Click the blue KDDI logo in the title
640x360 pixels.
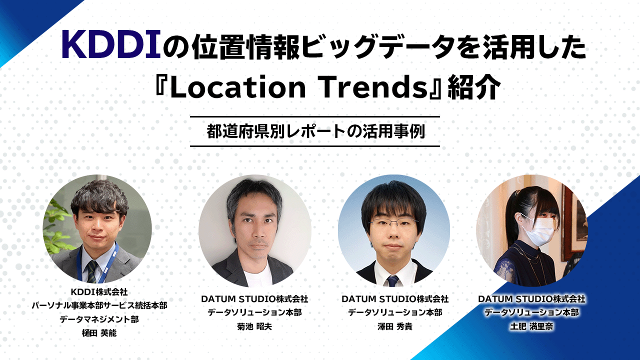[111, 45]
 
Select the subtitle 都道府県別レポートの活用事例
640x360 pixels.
[315, 131]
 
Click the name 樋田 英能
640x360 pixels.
[99, 333]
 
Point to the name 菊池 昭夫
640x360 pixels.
[254, 326]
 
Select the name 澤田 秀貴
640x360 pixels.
[395, 326]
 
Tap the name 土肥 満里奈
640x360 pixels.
[531, 326]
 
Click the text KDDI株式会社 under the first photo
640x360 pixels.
[99, 292]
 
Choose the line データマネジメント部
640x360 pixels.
[99, 319]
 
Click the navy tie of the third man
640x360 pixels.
[392, 281]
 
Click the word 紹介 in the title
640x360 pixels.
[474, 87]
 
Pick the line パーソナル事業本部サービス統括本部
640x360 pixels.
[99, 305]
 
